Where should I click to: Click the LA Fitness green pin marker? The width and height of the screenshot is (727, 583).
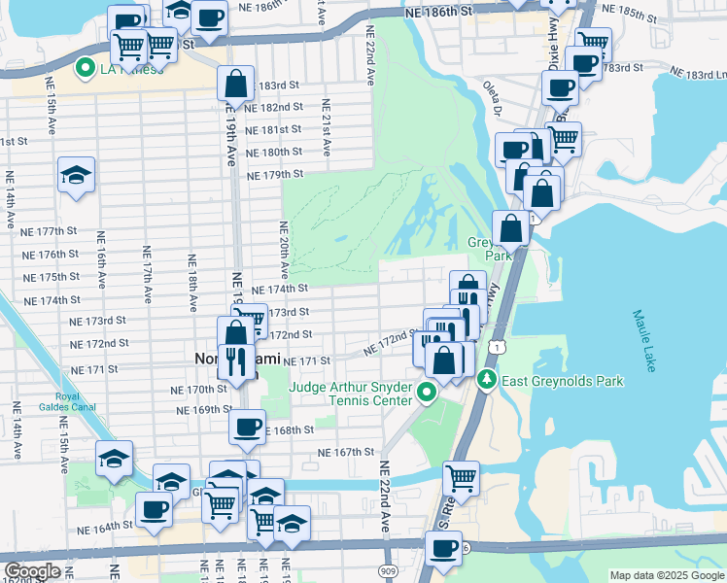tap(85, 69)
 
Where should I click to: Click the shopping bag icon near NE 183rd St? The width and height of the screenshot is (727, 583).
tap(235, 85)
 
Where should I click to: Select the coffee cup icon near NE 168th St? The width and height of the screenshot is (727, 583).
tap(247, 427)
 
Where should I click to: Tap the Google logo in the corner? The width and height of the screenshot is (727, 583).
tap(32, 571)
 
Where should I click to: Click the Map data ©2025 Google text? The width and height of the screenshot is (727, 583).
tap(667, 575)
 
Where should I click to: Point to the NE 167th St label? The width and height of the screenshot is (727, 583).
tap(346, 452)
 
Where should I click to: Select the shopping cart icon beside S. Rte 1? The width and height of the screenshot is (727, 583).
tap(461, 478)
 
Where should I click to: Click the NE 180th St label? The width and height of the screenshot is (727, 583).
tap(275, 153)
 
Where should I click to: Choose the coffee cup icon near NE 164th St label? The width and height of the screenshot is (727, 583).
tap(154, 509)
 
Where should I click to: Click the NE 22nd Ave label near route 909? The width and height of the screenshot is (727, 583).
tap(384, 496)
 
